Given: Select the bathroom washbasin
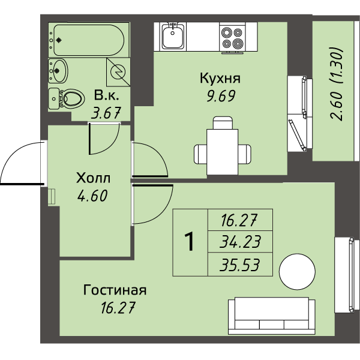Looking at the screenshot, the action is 58,70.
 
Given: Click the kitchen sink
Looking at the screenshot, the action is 173,36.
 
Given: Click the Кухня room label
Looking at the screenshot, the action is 220,78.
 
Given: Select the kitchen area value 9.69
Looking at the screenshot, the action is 221,96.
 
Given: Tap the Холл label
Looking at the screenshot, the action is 93,178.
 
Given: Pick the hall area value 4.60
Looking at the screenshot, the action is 92,196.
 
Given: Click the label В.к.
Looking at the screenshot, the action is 107,95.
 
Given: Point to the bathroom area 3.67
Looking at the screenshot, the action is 106,113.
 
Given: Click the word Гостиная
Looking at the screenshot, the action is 115,290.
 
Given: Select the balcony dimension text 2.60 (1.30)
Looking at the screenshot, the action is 337,84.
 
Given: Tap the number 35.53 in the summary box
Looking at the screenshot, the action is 239,265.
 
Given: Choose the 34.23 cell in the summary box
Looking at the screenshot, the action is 240,242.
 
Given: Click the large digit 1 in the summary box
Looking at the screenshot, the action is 190,242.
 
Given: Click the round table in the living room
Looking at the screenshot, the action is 297,272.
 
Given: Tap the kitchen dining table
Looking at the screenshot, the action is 222,152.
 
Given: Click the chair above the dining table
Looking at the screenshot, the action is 223,123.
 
